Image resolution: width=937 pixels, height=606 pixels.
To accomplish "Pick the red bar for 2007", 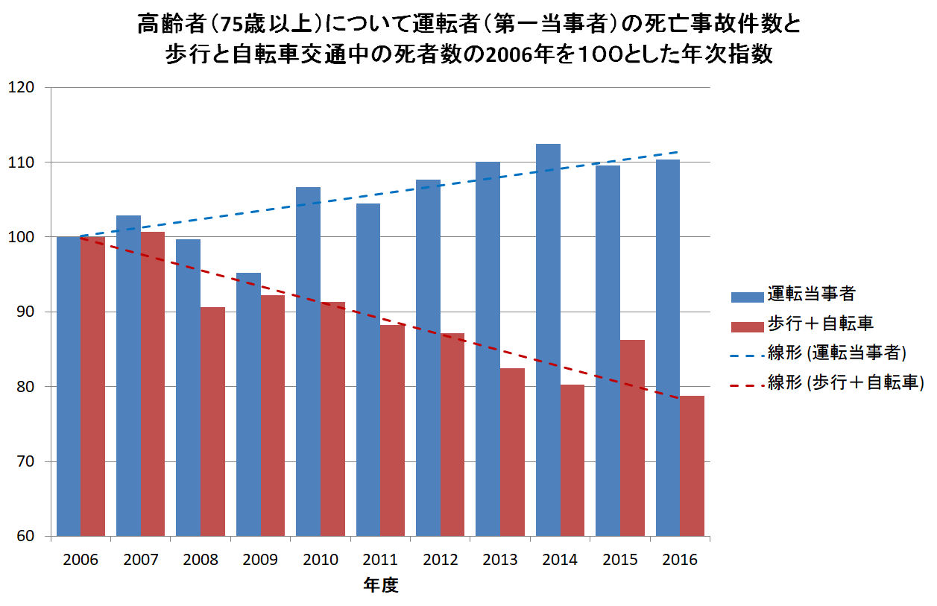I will tap(152, 384).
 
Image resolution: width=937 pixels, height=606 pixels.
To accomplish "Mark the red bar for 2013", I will tap(512, 452).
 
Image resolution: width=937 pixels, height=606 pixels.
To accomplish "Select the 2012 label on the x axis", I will tap(439, 560).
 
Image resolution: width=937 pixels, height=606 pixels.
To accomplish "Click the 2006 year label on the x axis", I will tap(81, 560).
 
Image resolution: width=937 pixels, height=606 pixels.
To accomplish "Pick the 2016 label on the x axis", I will tap(679, 560).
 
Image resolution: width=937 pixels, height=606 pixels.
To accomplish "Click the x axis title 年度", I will tap(380, 586).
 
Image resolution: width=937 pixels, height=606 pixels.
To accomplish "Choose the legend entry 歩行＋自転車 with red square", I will tap(809, 323).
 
